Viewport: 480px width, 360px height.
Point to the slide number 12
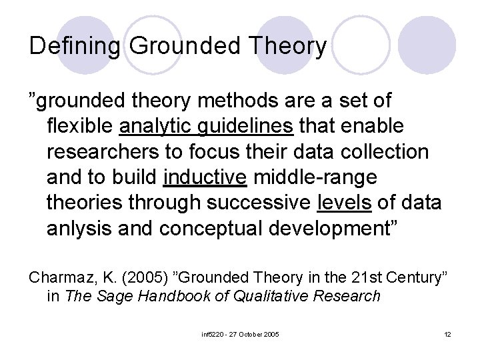tap(447, 333)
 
